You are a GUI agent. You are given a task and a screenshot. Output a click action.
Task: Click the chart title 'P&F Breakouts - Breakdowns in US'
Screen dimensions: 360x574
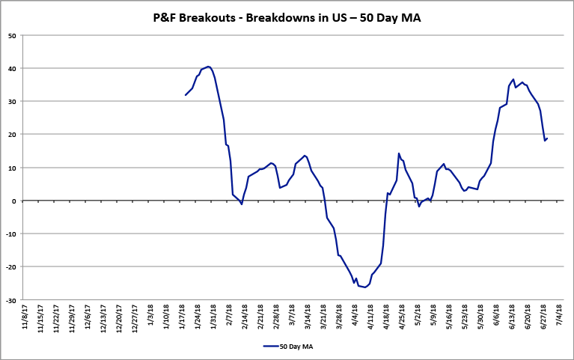[x=287, y=17]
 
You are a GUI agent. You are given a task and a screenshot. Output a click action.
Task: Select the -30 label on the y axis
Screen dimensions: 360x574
[x=12, y=300]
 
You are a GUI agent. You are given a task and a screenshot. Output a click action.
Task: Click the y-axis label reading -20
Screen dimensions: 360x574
[x=12, y=267]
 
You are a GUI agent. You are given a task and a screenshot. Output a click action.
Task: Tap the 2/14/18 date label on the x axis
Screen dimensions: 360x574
[x=248, y=318]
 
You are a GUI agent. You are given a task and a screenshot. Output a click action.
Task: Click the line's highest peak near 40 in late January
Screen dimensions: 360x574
[x=208, y=67]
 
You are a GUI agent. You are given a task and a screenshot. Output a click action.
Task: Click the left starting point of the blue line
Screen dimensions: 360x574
[x=186, y=95]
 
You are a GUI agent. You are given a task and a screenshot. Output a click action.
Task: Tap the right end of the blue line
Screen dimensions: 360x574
[x=547, y=138]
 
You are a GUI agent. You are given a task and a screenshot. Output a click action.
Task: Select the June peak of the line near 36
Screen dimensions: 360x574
[x=513, y=79]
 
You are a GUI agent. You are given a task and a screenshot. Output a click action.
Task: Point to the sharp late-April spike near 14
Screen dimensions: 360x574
[x=399, y=153]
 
